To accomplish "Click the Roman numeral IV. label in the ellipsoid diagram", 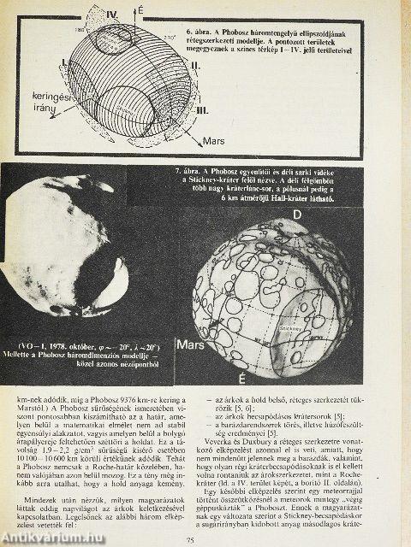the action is point(111,15).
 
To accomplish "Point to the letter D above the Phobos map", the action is point(297,215).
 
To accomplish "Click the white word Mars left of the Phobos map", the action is point(189,347).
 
